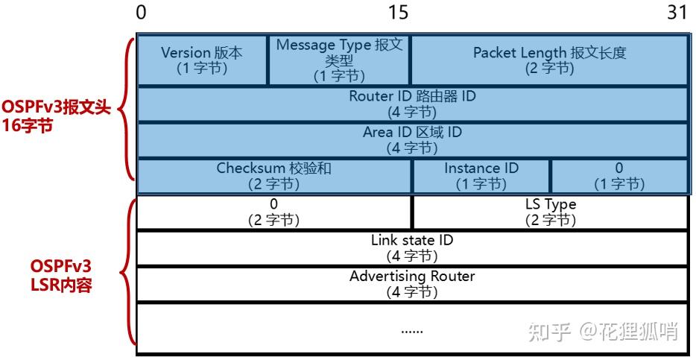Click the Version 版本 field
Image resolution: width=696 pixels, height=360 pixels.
pos(202,60)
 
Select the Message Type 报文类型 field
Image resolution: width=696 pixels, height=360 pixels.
pos(338,60)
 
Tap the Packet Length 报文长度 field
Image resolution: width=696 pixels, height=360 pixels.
pos(549,60)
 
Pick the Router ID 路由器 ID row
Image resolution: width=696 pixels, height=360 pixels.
pos(412,104)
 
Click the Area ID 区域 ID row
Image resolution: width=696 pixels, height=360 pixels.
pos(412,140)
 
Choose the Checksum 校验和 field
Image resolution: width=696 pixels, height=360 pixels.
pos(274,176)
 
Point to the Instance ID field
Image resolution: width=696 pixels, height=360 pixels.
pos(481,176)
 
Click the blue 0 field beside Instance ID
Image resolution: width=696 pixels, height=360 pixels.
pos(619,176)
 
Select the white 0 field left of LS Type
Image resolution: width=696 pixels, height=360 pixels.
pos(274,212)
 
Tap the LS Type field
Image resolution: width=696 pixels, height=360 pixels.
pos(550,212)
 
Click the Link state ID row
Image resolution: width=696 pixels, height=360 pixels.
pos(412,248)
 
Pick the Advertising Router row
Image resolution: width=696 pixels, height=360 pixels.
pos(412,284)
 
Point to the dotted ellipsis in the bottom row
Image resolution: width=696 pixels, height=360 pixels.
pos(412,328)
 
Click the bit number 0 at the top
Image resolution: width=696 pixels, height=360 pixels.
pos(142,13)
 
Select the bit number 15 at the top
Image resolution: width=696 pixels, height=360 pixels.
pos(399,13)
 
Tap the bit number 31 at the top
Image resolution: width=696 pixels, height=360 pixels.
pos(677,13)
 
